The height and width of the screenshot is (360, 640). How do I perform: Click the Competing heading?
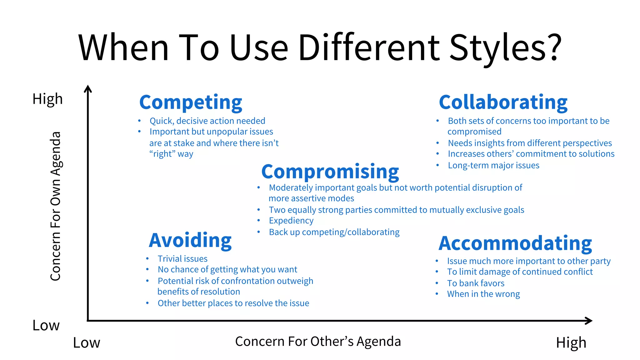pos(191,102)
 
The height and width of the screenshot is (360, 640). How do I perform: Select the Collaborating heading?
pos(503,102)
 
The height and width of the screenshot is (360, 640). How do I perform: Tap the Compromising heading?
pos(330,172)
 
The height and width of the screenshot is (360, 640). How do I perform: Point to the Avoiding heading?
pos(190,240)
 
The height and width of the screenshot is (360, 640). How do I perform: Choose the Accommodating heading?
pos(515,243)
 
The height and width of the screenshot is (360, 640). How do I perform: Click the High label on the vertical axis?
pos(47,99)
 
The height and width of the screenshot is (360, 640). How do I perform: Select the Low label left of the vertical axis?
pos(46,326)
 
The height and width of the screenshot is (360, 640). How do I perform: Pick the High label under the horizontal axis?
pos(571,343)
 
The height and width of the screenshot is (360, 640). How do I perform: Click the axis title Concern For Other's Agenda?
pos(318,342)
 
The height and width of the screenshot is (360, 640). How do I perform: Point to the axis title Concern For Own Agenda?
pos(56,206)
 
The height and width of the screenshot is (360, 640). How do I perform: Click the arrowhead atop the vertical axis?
pos(88,89)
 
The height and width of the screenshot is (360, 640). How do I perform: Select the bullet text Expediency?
pos(291,221)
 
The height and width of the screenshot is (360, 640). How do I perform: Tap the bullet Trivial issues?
pos(182,259)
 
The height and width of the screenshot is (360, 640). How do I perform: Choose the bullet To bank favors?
pos(476,283)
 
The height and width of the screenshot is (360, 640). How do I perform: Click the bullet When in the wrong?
pos(483,294)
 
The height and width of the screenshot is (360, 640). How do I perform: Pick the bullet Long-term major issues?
pos(493,165)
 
